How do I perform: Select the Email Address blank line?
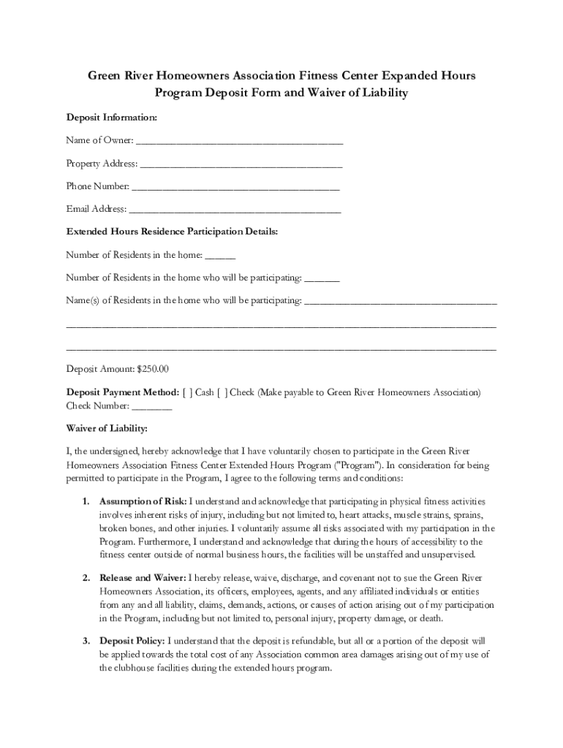pyautogui.click(x=235, y=210)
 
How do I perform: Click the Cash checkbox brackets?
pyautogui.click(x=188, y=393)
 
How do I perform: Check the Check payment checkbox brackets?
pyautogui.click(x=222, y=393)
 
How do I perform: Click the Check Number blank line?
pyautogui.click(x=152, y=408)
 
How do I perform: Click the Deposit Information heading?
pyautogui.click(x=111, y=118)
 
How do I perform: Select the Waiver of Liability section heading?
pyautogui.click(x=107, y=427)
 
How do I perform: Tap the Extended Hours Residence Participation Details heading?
pyautogui.click(x=172, y=232)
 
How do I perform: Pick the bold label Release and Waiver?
pyautogui.click(x=143, y=578)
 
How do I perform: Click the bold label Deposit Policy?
pyautogui.click(x=132, y=641)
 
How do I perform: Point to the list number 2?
pyautogui.click(x=85, y=578)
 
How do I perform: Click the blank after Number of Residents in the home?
pyautogui.click(x=220, y=256)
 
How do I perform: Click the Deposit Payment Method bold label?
pyautogui.click(x=122, y=393)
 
